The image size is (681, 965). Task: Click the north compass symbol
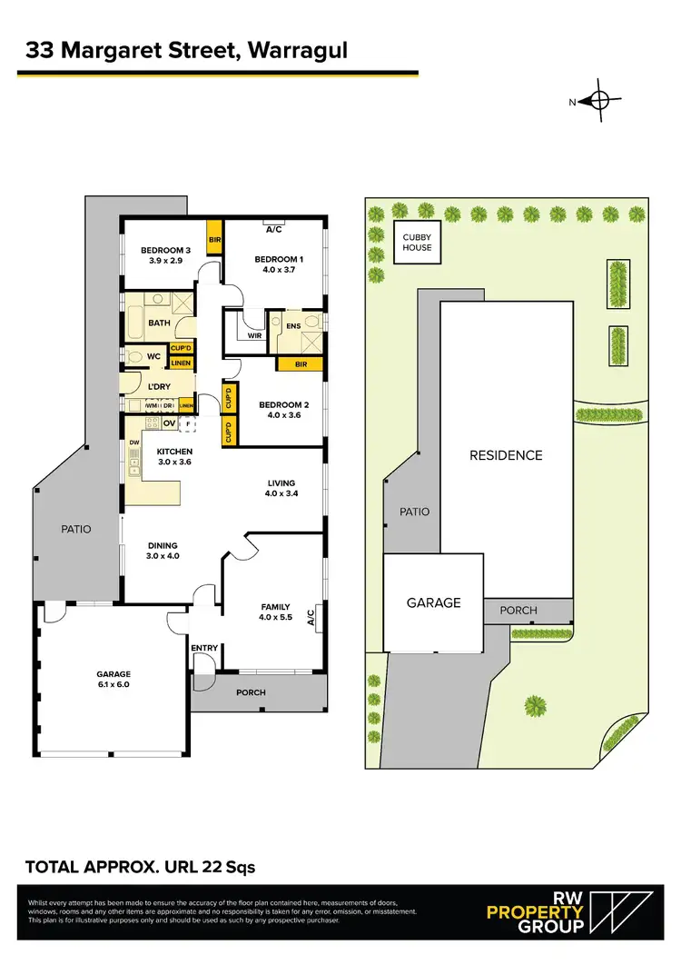pyautogui.click(x=599, y=102)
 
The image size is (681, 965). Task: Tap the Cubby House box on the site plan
pyautogui.click(x=417, y=242)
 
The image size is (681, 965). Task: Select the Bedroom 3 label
pyautogui.click(x=164, y=251)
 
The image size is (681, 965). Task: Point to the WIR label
pyautogui.click(x=253, y=334)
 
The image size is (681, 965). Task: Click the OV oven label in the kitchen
pyautogui.click(x=169, y=423)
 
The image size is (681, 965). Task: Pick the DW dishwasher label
pyautogui.click(x=134, y=443)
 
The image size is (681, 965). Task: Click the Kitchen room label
pyautogui.click(x=174, y=451)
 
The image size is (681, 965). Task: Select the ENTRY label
pyautogui.click(x=204, y=648)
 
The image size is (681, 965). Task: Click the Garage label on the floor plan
pyautogui.click(x=113, y=674)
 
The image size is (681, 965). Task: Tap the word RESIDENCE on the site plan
pyautogui.click(x=506, y=455)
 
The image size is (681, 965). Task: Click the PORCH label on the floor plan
pyautogui.click(x=251, y=692)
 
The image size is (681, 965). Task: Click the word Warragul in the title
pyautogui.click(x=290, y=52)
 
